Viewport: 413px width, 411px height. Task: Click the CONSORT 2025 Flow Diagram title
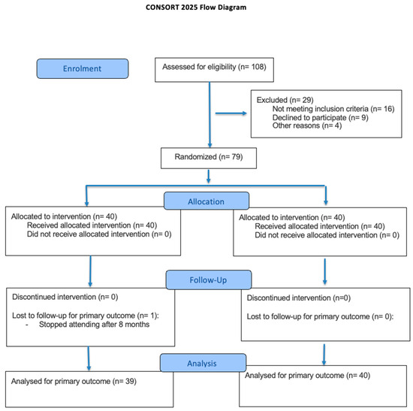[206, 9]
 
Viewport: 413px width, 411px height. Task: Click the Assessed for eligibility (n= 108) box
[211, 68]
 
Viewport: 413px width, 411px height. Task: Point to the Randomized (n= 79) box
[209, 158]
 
